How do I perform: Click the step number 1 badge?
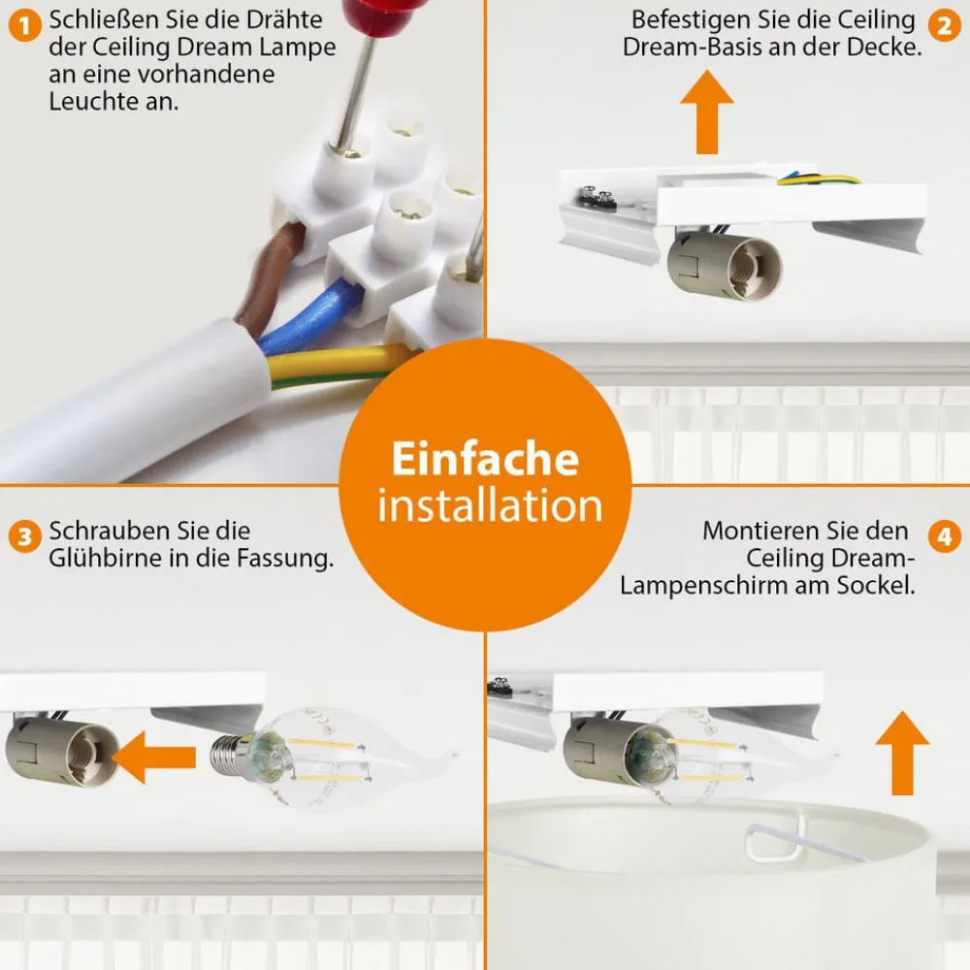pyautogui.click(x=22, y=23)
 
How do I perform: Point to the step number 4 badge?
pyautogui.click(x=943, y=535)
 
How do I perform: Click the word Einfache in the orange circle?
pyautogui.click(x=485, y=459)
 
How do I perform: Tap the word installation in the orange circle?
pyautogui.click(x=490, y=506)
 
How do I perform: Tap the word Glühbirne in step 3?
pyautogui.click(x=107, y=560)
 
